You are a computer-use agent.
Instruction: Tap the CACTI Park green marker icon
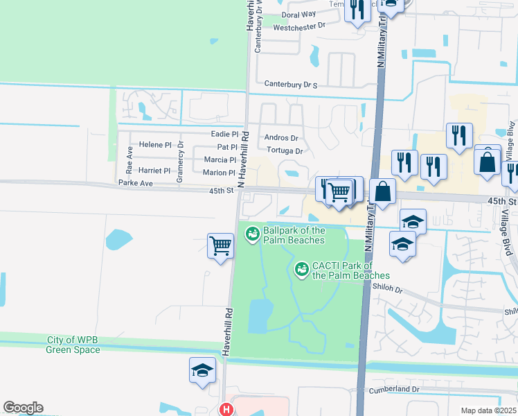302,269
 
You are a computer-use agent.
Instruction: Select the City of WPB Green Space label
73,345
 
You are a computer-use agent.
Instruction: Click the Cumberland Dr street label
394,390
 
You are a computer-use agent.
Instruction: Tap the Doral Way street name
299,14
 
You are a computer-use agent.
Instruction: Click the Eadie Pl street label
224,134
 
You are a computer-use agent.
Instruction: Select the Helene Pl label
154,145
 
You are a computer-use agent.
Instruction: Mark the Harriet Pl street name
154,171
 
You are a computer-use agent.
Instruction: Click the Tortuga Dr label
284,151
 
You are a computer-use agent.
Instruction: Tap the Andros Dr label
281,138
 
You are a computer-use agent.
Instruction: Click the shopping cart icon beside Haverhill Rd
220,244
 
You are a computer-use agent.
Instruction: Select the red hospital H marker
225,410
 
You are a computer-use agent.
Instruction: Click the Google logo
23,408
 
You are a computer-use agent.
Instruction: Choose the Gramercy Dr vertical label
180,162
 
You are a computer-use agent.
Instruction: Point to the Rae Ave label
129,160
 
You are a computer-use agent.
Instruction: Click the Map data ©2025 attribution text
488,410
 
